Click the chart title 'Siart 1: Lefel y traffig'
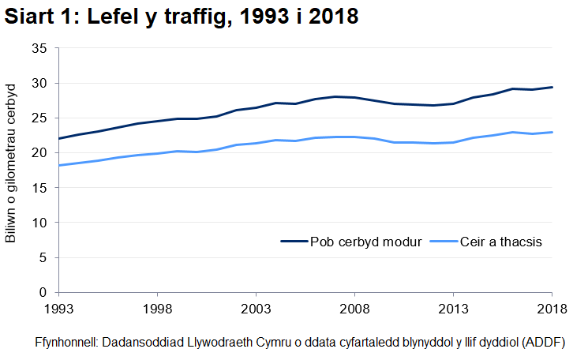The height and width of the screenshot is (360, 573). [x=181, y=17]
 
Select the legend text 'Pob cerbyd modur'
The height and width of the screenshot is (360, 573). [x=365, y=242]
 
